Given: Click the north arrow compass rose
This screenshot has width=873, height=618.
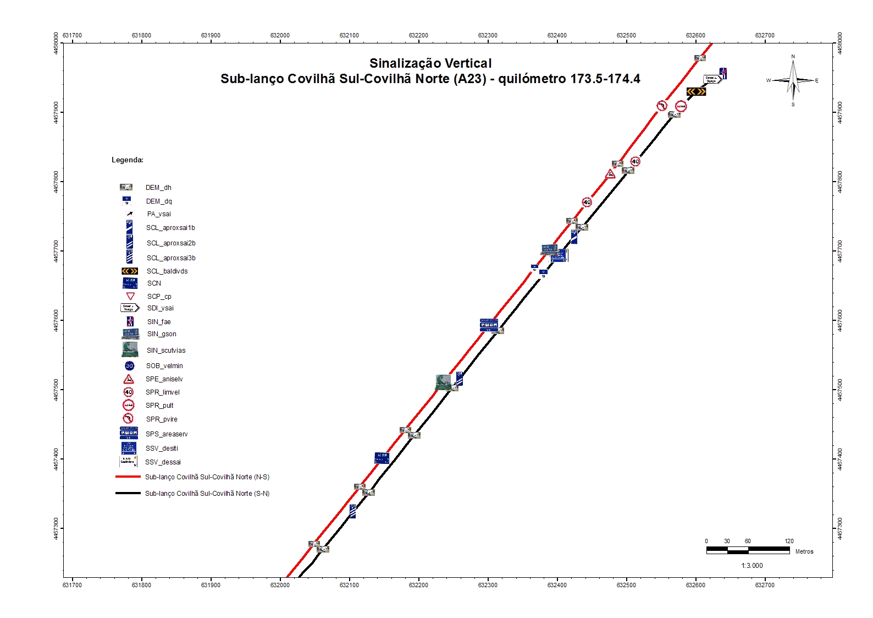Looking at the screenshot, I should [792, 80].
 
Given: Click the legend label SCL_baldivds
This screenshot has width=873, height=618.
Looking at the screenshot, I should [167, 271].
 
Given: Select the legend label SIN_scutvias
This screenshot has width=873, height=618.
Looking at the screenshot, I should [166, 351].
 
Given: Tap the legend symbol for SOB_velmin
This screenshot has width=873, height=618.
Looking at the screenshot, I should [129, 365].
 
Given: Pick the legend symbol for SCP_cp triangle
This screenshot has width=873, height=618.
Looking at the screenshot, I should [130, 296].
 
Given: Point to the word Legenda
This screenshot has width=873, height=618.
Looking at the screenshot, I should [128, 160].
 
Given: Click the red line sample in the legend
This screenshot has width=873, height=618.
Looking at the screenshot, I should [128, 477].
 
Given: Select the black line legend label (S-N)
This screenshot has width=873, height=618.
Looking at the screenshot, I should [207, 494].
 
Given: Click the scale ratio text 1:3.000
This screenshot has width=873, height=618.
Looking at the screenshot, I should [752, 566].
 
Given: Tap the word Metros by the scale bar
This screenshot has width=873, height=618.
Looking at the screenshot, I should [804, 551].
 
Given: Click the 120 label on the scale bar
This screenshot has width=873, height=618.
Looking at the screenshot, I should [789, 541].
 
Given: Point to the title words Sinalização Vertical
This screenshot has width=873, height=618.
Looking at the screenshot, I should [430, 63].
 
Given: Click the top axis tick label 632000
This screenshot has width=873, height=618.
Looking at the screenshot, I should [280, 35].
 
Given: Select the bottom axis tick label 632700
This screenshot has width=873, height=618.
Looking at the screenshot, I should [764, 585].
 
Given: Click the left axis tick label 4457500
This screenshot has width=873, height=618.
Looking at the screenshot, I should [57, 390].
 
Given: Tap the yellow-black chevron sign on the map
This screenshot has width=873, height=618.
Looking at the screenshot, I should [696, 91].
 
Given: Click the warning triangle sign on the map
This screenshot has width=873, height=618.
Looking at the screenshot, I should [610, 174].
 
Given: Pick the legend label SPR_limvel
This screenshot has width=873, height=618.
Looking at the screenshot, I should [163, 392].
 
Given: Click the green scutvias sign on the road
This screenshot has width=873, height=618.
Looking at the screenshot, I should [443, 381].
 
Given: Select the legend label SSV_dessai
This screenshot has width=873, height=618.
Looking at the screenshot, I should [163, 462].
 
